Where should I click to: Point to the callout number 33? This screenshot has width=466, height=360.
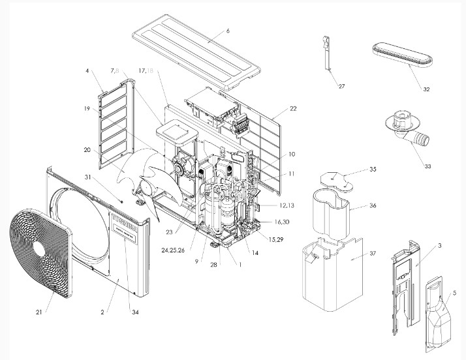[427, 166]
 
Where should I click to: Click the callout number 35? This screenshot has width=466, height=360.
[373, 169]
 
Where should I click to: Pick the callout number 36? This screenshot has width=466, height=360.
[373, 205]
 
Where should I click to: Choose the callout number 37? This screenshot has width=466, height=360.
[373, 253]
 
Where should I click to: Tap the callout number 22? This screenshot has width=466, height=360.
[292, 108]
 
